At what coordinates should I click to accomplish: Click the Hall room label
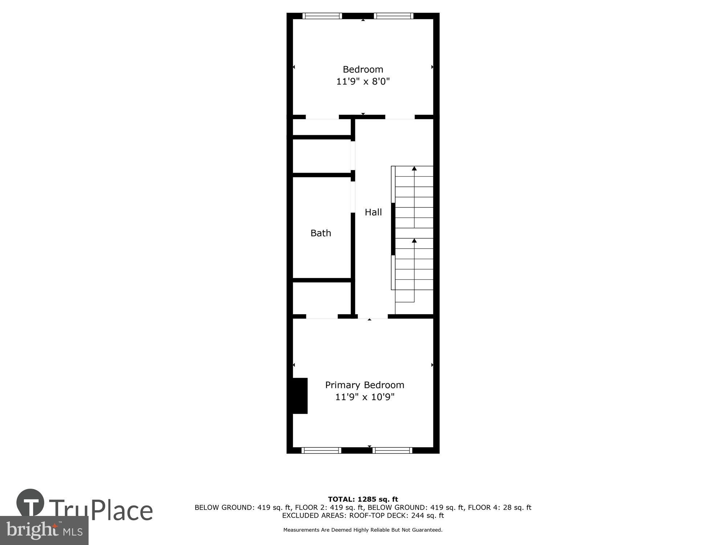[x=373, y=212]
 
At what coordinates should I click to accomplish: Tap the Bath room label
[x=321, y=233]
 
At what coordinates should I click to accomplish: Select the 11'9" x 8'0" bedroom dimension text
[x=363, y=81]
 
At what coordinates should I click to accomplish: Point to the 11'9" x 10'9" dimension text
[x=364, y=397]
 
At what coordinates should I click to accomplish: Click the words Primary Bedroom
[x=364, y=385]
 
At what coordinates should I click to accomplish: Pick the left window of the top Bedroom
[x=322, y=16]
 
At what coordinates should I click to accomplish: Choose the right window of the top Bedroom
[x=393, y=16]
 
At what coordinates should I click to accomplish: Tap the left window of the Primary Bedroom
[x=321, y=451]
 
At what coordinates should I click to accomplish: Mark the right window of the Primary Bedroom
[x=392, y=451]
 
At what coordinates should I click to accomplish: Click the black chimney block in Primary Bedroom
[x=300, y=396]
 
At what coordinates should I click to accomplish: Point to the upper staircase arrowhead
[x=414, y=168]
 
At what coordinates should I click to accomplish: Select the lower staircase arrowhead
[x=414, y=241]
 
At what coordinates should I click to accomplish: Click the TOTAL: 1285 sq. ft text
[x=363, y=499]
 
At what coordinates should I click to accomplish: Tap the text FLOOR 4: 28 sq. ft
[x=499, y=507]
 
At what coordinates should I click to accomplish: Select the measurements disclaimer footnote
[x=363, y=530]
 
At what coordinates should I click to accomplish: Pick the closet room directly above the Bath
[x=321, y=156]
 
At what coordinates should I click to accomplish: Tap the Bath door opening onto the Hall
[x=352, y=197]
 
